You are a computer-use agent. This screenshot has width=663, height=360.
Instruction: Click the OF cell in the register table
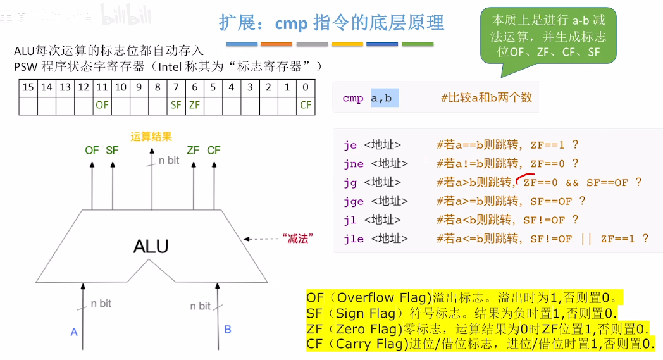(x=102, y=105)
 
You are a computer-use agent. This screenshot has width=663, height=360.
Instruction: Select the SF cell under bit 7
(x=176, y=105)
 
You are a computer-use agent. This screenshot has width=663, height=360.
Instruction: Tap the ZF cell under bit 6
(x=194, y=105)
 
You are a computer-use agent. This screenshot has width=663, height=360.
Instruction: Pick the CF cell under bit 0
(x=306, y=105)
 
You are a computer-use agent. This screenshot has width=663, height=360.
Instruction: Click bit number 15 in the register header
(x=28, y=88)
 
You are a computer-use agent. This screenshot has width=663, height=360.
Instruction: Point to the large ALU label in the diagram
(x=151, y=245)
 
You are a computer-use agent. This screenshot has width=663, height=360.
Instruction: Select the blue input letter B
(x=228, y=329)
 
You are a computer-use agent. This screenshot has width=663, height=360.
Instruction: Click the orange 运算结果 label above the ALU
(x=151, y=136)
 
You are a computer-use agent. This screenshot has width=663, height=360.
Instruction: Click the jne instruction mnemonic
(x=354, y=164)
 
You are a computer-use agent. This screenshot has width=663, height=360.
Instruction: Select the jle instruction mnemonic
(x=354, y=239)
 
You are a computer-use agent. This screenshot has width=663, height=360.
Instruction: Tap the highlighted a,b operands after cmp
(x=381, y=98)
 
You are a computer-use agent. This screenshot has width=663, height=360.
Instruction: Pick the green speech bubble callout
(x=548, y=36)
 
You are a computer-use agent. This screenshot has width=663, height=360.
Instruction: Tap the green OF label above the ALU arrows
(x=92, y=150)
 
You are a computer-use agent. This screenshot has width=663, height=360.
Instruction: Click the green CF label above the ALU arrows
(x=214, y=150)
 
